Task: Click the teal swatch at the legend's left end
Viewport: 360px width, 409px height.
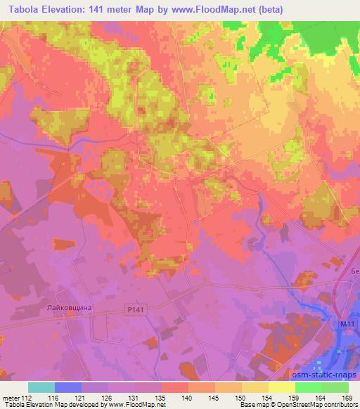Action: [41, 387]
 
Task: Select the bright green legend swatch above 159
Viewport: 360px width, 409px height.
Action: [309, 387]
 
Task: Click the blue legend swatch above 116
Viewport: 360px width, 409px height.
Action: [68, 387]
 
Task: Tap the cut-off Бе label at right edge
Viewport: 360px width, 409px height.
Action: [354, 271]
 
